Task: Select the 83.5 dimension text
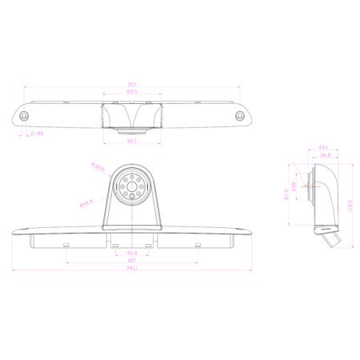132,93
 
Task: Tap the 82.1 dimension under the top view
132,141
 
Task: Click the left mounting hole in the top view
26,117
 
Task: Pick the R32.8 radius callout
98,168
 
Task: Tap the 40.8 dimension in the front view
132,254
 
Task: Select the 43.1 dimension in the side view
323,148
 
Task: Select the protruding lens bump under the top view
132,130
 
